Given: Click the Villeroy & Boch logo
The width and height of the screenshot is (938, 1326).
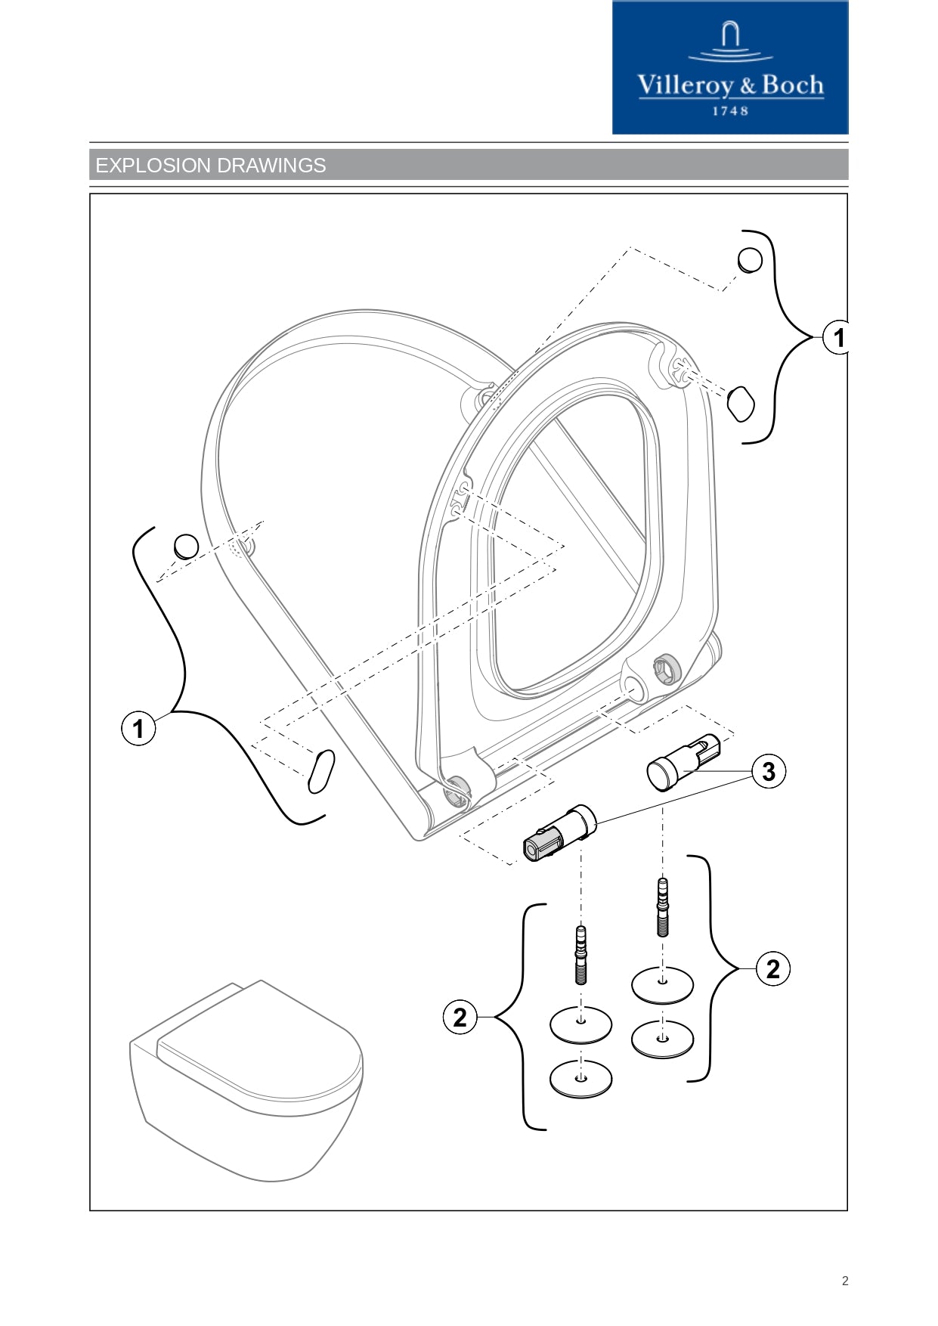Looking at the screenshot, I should [729, 68].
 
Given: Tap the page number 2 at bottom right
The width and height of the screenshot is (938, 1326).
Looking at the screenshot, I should [845, 1281].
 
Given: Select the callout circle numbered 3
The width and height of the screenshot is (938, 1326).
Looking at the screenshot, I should [769, 772].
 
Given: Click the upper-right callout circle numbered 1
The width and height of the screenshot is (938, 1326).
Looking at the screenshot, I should [837, 337].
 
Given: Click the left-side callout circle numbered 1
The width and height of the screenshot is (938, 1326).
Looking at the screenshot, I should [138, 730].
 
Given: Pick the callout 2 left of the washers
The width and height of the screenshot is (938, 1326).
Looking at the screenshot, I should [460, 1018].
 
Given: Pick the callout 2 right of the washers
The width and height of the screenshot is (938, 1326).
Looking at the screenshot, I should [772, 969].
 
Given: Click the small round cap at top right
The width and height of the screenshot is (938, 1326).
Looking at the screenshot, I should [750, 260].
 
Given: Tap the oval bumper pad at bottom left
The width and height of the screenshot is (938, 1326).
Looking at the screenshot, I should [321, 771].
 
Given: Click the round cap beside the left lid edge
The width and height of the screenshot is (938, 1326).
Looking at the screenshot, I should [186, 546].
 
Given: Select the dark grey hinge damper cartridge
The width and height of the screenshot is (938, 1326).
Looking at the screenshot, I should [558, 835].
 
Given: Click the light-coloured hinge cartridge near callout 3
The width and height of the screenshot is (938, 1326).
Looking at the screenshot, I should [683, 762].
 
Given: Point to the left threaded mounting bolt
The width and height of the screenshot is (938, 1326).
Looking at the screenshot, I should [580, 955].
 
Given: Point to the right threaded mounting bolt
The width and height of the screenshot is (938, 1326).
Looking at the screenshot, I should [663, 907].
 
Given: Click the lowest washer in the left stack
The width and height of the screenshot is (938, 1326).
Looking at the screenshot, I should [580, 1079].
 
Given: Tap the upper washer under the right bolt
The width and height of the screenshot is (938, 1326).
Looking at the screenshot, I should [662, 984].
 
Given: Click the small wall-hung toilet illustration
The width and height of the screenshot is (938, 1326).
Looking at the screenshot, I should [246, 1081].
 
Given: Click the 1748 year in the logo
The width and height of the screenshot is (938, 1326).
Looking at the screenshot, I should [730, 111].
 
